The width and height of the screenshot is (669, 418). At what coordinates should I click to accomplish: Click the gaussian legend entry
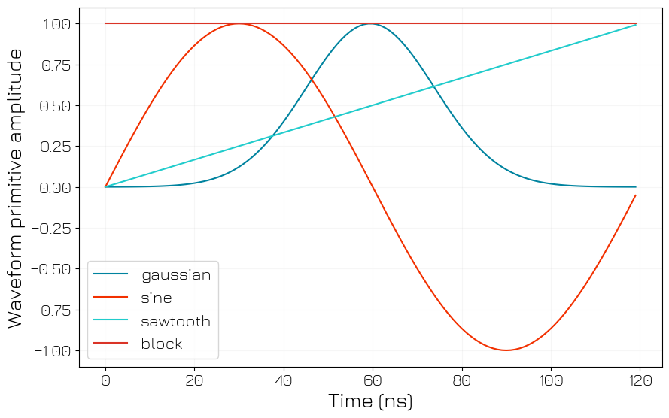[175, 274]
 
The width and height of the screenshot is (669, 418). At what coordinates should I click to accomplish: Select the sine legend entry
[157, 298]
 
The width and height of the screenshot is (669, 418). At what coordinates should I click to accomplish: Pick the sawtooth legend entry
[175, 321]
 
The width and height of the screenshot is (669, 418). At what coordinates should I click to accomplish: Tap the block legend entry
[162, 344]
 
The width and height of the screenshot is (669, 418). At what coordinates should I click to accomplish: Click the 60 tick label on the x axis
[373, 380]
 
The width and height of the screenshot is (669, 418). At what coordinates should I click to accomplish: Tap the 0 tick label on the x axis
[105, 380]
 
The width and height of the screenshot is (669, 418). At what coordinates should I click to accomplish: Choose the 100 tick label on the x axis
[551, 380]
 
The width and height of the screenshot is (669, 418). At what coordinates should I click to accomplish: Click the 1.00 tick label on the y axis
[54, 24]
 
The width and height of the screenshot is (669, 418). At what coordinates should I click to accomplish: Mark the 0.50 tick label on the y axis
[54, 106]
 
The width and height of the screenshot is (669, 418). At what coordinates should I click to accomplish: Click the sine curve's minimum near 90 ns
[506, 350]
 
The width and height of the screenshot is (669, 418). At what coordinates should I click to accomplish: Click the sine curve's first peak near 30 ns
[239, 24]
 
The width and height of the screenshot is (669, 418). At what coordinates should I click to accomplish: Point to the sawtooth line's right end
[636, 25]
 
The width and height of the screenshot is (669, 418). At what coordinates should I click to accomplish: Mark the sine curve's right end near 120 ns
[636, 195]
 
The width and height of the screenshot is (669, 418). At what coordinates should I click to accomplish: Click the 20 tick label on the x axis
[194, 380]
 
